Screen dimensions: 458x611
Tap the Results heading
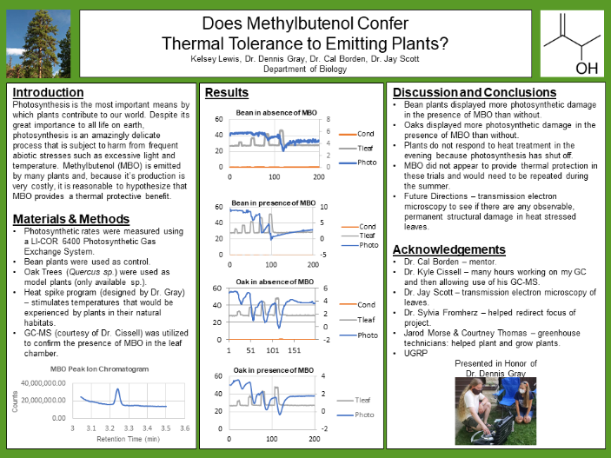pyautogui.click(x=226, y=92)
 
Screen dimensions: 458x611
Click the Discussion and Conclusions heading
pyautogui.click(x=475, y=92)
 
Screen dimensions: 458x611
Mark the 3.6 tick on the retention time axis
pyautogui.click(x=184, y=428)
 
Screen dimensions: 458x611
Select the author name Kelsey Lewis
pyautogui.click(x=215, y=58)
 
